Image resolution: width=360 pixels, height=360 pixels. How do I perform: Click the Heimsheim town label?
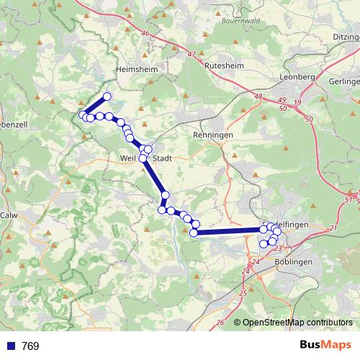(134, 69)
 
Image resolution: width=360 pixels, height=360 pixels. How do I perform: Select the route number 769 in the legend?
(30, 346)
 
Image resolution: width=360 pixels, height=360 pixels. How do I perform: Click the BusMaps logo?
(326, 346)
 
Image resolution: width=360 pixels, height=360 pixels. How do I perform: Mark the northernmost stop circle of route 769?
(107, 96)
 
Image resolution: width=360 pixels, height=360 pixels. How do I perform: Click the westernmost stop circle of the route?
(83, 114)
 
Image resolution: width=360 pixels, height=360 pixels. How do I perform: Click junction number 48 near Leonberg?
(257, 95)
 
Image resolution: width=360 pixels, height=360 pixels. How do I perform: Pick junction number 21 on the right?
(333, 228)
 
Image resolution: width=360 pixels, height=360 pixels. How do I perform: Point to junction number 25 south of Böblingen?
(243, 293)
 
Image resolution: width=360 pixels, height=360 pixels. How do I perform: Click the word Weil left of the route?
(128, 158)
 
